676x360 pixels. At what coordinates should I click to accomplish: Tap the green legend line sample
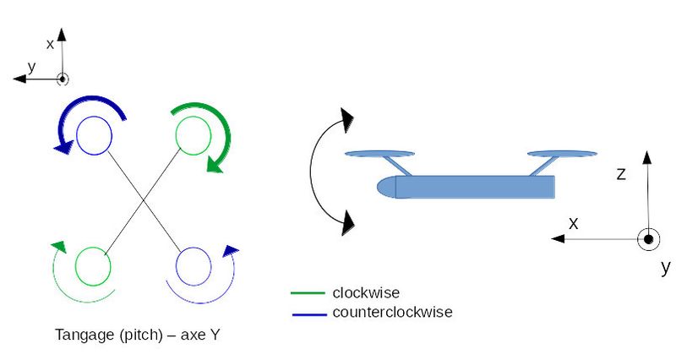(x=308, y=294)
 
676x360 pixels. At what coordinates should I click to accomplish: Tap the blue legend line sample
(x=308, y=314)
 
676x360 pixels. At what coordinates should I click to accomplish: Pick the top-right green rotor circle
(x=193, y=135)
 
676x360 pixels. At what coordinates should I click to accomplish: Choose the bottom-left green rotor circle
(x=93, y=266)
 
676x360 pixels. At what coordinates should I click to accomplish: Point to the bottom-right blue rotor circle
(x=193, y=266)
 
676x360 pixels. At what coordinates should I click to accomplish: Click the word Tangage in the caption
(x=80, y=334)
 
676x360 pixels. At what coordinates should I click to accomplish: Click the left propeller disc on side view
(x=379, y=154)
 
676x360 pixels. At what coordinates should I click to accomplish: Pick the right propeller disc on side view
(x=561, y=154)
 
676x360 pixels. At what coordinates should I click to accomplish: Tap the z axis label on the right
(x=621, y=174)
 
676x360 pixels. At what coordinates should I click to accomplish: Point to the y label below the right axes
(x=665, y=268)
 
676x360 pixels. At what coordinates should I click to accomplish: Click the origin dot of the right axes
(x=648, y=239)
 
